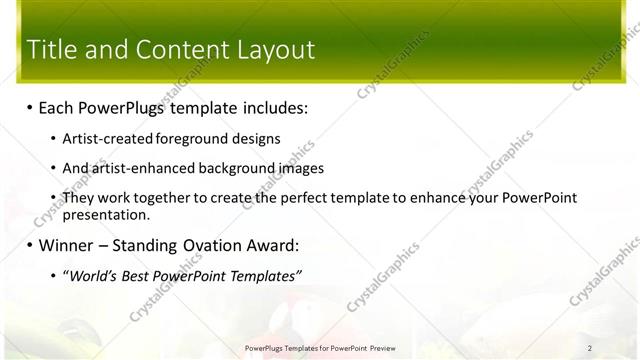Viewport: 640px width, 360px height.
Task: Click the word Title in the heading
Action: [54, 49]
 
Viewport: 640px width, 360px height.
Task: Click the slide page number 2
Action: [590, 348]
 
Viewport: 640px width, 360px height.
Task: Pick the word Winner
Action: [68, 245]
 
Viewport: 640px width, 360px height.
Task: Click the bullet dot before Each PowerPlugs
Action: [30, 107]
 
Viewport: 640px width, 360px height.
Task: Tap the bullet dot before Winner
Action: [30, 245]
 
